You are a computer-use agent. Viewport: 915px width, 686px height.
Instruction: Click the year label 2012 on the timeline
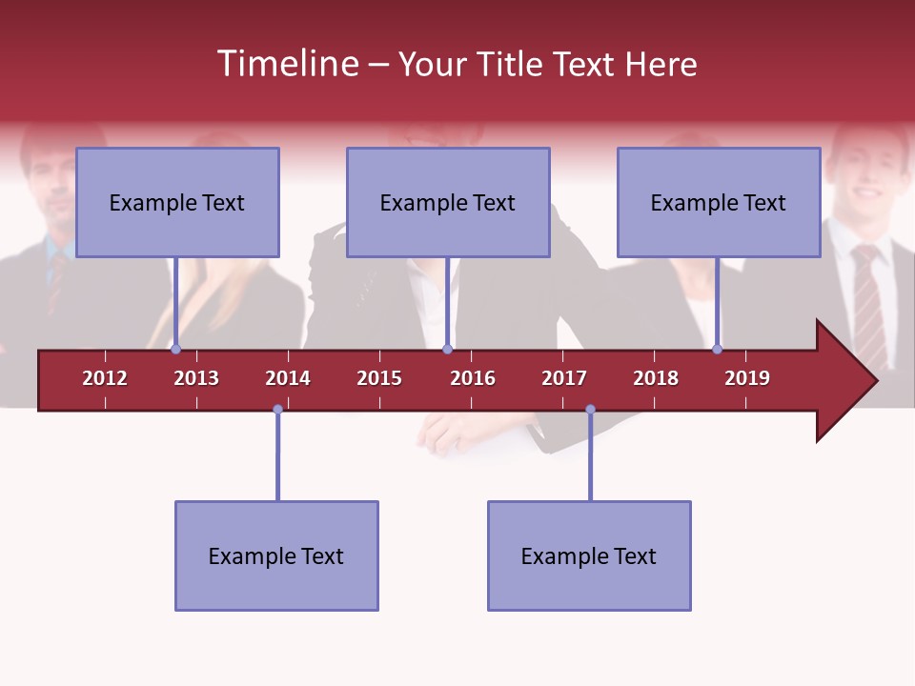pyautogui.click(x=105, y=378)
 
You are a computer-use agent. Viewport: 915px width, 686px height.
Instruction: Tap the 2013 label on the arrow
pyautogui.click(x=196, y=378)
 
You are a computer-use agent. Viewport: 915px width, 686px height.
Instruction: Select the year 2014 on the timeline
pyautogui.click(x=288, y=378)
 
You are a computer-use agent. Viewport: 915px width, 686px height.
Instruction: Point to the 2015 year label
pyautogui.click(x=379, y=378)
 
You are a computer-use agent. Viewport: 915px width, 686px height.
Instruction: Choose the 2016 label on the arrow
pyautogui.click(x=473, y=378)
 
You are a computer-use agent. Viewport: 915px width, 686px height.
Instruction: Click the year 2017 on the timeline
pyautogui.click(x=564, y=378)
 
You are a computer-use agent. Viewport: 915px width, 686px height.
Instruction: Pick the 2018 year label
pyautogui.click(x=656, y=378)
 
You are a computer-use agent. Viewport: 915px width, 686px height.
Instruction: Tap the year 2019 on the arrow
pyautogui.click(x=747, y=378)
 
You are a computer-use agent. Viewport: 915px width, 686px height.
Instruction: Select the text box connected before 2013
pyautogui.click(x=177, y=202)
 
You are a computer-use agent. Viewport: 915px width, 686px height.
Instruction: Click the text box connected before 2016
pyautogui.click(x=448, y=202)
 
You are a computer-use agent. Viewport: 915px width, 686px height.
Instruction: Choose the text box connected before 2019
pyautogui.click(x=719, y=202)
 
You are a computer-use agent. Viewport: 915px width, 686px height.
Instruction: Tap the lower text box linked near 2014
pyautogui.click(x=276, y=555)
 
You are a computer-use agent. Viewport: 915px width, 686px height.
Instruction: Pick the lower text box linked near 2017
pyautogui.click(x=589, y=555)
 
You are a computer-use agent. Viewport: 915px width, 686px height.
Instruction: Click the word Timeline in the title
pyautogui.click(x=286, y=64)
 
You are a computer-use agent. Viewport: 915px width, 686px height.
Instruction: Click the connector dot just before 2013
pyautogui.click(x=175, y=349)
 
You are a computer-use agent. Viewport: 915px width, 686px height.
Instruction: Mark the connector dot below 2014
pyautogui.click(x=277, y=410)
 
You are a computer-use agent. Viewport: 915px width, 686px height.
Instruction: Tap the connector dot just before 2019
pyautogui.click(x=717, y=349)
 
